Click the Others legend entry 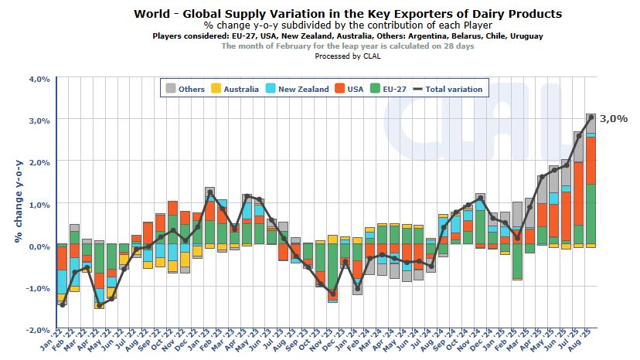coord(184,89)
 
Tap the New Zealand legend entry coord(294,89)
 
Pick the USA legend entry coord(348,89)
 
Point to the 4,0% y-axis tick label coord(39,79)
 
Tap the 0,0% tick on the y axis coord(39,246)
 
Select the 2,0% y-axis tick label coord(39,162)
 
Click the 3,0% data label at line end coord(614,118)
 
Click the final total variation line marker coord(591,117)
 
